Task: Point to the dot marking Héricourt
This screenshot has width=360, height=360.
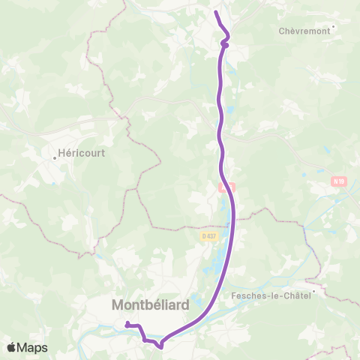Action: [57, 157]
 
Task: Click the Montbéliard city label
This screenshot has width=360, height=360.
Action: [150, 305]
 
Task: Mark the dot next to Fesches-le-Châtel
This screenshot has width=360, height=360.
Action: [316, 294]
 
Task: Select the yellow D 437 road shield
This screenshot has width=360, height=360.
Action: [208, 235]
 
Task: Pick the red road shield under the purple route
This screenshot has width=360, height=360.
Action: [227, 187]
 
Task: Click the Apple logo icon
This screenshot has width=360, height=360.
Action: [11, 348]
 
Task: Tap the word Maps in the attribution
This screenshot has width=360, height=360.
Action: [32, 348]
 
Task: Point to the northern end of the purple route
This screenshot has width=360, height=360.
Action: [216, 12]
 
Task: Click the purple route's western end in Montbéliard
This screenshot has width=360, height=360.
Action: [127, 323]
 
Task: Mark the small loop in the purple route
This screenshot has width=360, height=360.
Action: [225, 43]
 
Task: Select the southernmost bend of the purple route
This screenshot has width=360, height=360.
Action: [160, 346]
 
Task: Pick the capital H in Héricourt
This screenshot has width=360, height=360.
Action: [63, 158]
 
